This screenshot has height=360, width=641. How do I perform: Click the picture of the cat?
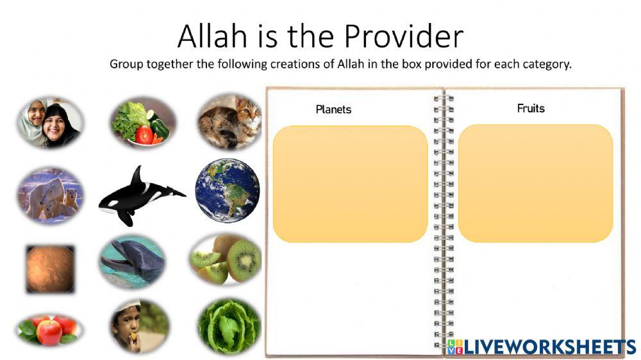[x=229, y=121]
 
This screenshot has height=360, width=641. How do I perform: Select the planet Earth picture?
[x=228, y=190]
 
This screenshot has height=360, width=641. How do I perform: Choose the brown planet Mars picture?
[x=50, y=269]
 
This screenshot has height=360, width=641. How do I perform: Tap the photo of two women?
[x=49, y=122]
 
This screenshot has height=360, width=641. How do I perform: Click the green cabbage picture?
[x=229, y=327]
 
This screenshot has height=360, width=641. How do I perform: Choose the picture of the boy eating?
[x=138, y=327]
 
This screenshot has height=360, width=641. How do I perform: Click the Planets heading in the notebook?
[x=333, y=110]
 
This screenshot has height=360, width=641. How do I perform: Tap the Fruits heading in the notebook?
[x=531, y=108]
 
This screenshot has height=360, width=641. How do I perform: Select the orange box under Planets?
[x=350, y=184]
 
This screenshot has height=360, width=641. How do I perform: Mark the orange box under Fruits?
[x=535, y=183]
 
